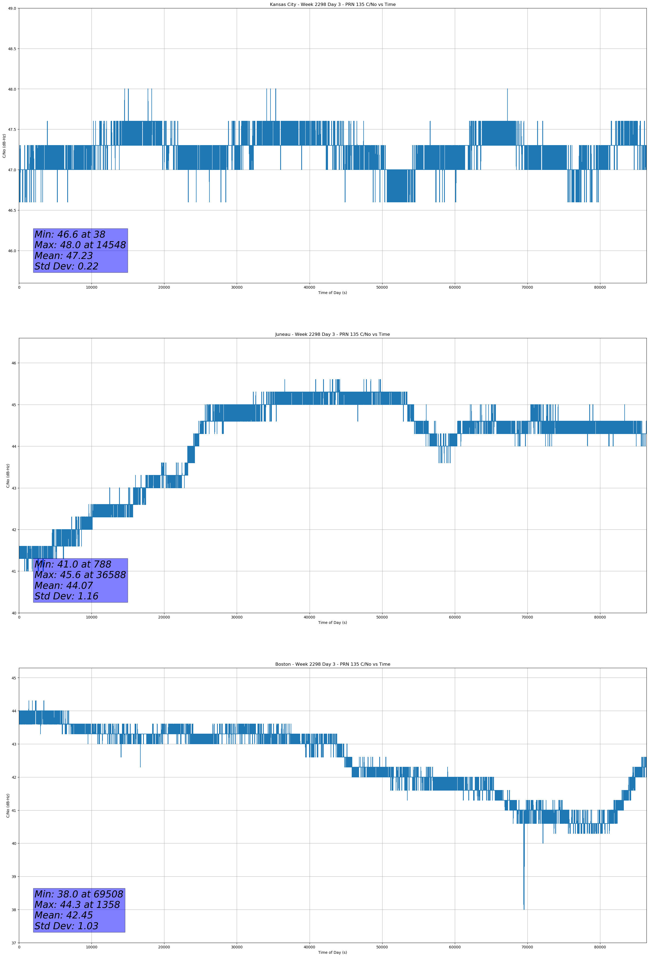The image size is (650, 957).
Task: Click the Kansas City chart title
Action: click(x=333, y=5)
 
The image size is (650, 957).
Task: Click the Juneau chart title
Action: click(x=333, y=334)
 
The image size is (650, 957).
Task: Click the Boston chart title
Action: click(x=333, y=664)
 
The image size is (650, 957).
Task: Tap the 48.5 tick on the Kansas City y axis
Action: click(x=12, y=49)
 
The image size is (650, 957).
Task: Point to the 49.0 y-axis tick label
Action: click(x=12, y=8)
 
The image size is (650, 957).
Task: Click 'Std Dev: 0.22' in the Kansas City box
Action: click(x=66, y=266)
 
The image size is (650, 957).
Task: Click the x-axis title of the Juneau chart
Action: click(x=333, y=623)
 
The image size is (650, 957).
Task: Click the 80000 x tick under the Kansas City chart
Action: click(x=600, y=288)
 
